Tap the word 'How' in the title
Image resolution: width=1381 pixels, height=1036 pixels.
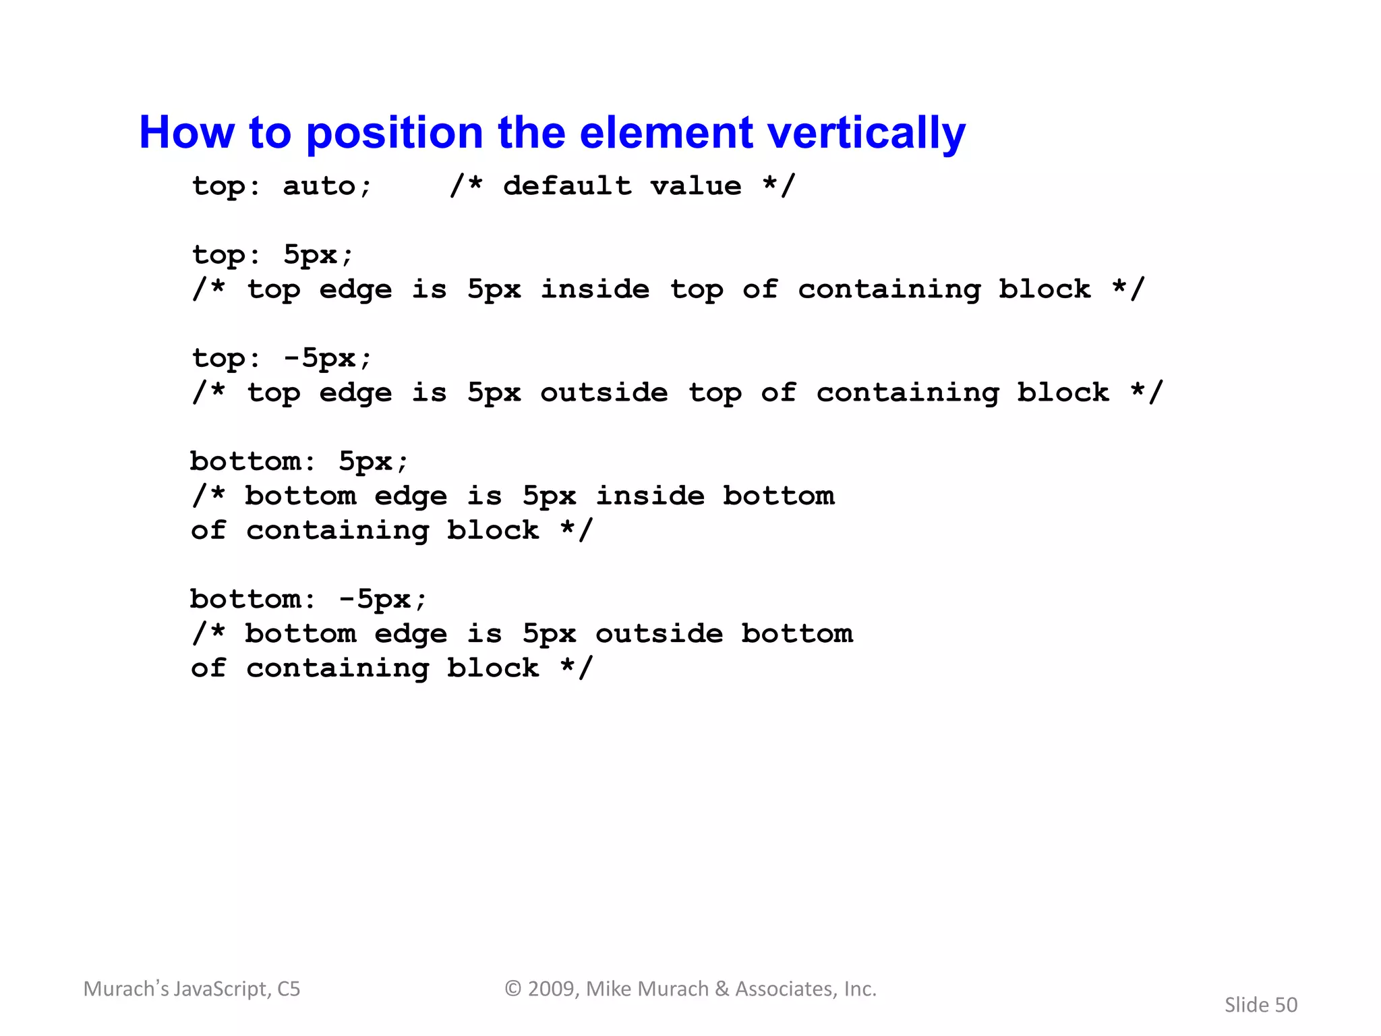(x=186, y=133)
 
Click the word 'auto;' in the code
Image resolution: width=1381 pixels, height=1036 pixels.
(x=327, y=186)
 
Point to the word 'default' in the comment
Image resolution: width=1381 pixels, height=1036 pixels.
(x=567, y=186)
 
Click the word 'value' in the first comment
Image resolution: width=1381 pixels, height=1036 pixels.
(x=696, y=186)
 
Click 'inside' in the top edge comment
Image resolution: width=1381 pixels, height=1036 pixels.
(x=595, y=289)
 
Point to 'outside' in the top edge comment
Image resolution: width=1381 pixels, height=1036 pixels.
(x=604, y=393)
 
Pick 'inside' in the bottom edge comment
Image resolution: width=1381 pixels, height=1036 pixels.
(x=650, y=496)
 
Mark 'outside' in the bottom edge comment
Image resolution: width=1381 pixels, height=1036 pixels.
(x=659, y=634)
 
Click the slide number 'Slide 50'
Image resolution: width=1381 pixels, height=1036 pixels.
(x=1260, y=1005)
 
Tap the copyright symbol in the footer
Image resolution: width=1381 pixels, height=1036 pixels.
(x=513, y=989)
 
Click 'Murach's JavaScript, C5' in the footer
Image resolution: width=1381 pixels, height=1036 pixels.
(x=192, y=989)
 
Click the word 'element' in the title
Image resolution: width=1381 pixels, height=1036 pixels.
(x=666, y=133)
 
